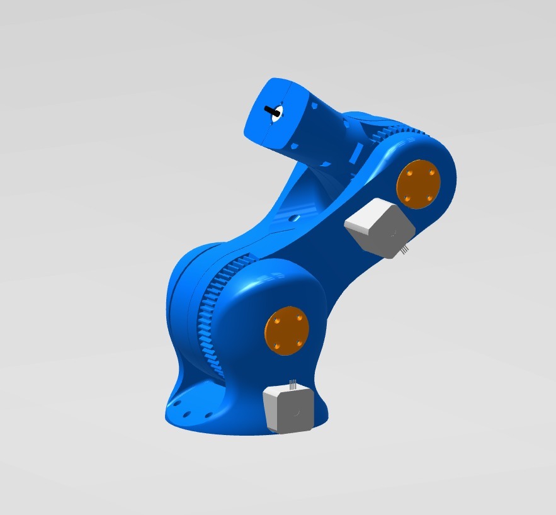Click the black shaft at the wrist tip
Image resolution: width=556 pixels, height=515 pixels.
coord(273,111)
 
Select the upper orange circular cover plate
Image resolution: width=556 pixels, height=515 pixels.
coord(417,183)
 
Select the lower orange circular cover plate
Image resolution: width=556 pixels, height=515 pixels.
coord(287,331)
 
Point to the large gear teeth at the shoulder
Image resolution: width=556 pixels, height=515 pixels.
coord(214,315)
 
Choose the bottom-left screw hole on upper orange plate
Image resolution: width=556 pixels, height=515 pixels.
coord(407,198)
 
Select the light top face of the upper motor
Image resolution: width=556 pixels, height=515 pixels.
coord(368,213)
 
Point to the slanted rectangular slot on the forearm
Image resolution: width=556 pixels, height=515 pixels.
coord(356,151)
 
